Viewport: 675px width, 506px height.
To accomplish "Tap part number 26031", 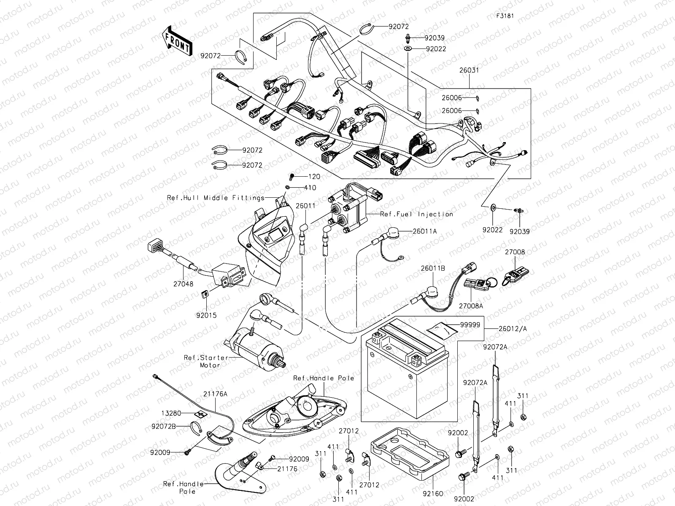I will (x=469, y=70).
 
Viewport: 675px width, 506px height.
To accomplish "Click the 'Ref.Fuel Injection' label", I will (x=416, y=214).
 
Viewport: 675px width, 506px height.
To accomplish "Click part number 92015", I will (x=206, y=315).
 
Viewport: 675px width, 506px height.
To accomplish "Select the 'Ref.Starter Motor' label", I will (x=206, y=361).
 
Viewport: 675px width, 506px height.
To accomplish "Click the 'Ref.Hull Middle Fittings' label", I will (x=215, y=198).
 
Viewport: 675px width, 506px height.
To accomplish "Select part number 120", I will (x=314, y=177).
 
